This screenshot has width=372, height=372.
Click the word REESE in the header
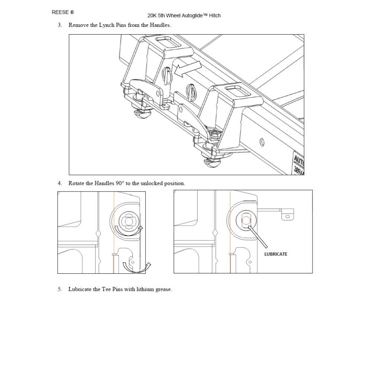[x=60, y=12]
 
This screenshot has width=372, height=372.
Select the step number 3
[x=60, y=25]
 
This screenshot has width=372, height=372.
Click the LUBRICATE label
[x=276, y=254]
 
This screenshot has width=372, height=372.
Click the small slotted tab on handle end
[x=288, y=215]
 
